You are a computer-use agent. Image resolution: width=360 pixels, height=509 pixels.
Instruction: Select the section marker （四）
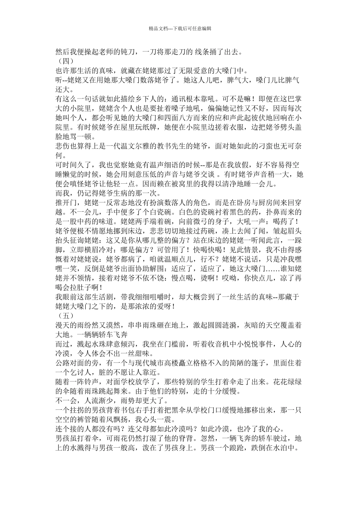(x=63, y=61)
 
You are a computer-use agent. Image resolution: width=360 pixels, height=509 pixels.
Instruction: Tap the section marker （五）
(x=63, y=315)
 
